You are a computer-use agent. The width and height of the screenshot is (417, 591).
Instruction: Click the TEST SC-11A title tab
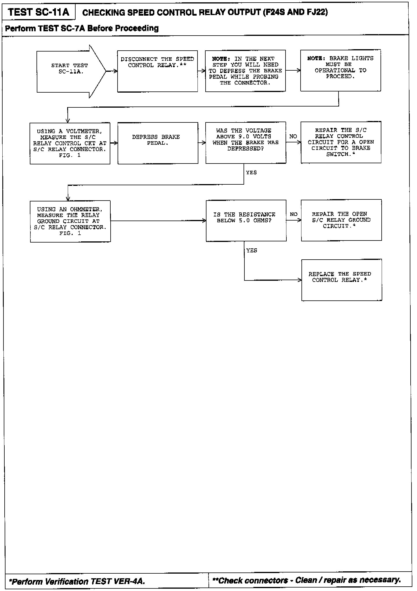point(39,12)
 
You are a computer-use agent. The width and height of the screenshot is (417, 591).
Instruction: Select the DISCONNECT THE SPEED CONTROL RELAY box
point(158,71)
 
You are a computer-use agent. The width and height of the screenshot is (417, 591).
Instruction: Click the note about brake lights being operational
point(340,70)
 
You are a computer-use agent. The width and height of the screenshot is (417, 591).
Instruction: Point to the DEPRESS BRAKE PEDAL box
point(158,143)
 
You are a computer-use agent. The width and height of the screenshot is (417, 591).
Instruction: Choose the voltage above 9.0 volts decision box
point(246,142)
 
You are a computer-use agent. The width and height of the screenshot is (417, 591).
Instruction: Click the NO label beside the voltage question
point(293,136)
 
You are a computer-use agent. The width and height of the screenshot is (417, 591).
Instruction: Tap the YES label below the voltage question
point(251,172)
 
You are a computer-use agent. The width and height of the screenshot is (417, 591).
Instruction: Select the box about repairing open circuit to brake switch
point(341,142)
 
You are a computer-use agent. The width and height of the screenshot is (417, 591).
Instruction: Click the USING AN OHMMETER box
point(70,221)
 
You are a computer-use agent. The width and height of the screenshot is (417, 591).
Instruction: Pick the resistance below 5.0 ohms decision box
point(246,220)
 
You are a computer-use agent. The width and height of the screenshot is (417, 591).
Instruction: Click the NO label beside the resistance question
point(294,214)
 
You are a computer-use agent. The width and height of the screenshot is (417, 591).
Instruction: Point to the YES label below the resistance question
point(252,250)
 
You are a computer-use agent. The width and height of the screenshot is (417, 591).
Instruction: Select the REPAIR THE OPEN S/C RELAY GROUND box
point(341,220)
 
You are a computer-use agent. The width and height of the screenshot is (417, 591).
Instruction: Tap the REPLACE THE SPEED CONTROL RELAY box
point(341,280)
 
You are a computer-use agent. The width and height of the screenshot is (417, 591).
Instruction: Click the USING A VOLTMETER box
point(70,143)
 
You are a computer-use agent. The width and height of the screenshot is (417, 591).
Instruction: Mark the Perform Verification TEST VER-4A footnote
point(77,581)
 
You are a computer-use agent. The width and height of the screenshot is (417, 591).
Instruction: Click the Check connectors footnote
point(306,580)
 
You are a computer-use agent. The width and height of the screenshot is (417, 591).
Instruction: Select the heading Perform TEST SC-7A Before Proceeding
point(82,28)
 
